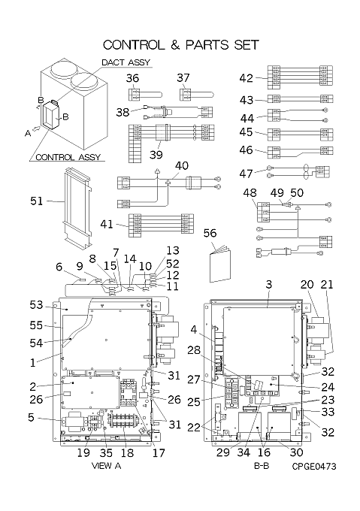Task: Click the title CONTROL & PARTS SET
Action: point(181,45)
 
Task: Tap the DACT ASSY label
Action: point(126,62)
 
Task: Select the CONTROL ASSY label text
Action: point(68,157)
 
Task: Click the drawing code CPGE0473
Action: point(314,467)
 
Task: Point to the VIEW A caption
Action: point(106,466)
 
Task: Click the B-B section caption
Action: point(262,467)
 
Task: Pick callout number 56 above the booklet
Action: point(210,233)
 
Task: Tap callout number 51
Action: point(37,201)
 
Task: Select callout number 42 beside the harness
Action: point(246,78)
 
